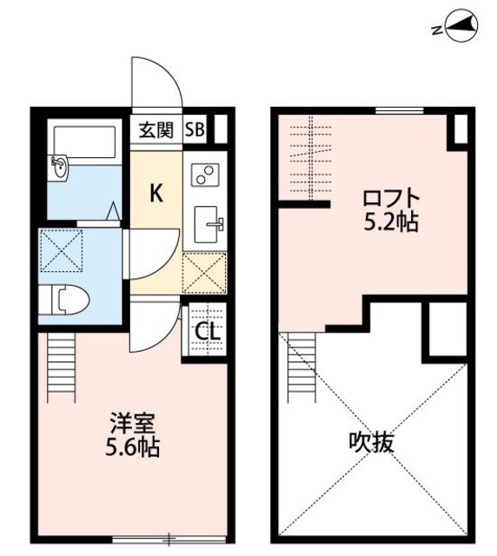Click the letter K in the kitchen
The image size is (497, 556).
pos(156,193)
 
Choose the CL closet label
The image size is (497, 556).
pos(206,331)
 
